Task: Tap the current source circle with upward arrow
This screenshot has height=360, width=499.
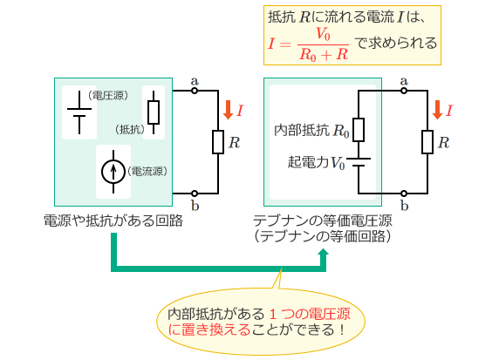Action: coord(113,171)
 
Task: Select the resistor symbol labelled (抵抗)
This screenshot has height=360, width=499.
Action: coord(154,112)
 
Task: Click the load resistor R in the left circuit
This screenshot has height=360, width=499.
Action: coord(217,141)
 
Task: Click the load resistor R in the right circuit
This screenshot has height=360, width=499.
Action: coord(427,141)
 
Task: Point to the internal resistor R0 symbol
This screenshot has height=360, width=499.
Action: coord(358,130)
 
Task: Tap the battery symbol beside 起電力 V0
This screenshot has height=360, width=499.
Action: coord(358,163)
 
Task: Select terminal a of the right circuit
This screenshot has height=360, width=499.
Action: coord(403,91)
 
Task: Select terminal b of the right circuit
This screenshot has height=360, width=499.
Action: coord(403,193)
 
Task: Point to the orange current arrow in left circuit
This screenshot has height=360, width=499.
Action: coord(228,110)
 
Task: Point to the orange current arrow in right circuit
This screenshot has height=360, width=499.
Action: coord(438,110)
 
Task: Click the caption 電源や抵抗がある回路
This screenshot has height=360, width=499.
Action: coord(113,221)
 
